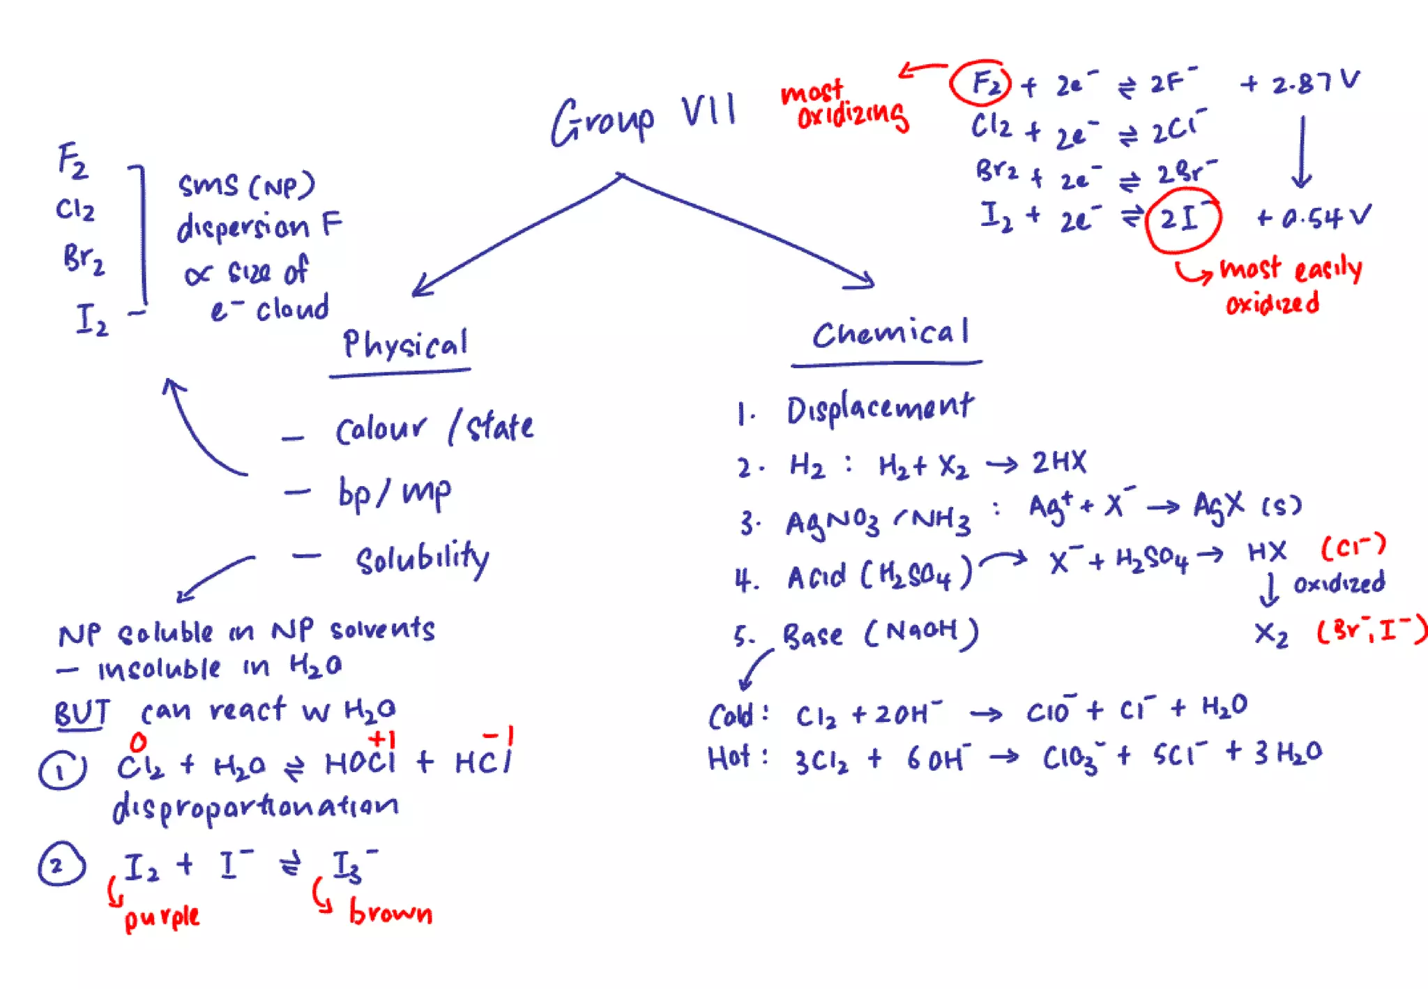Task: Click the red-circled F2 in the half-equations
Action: (x=980, y=83)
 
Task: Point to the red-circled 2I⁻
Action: (x=1183, y=219)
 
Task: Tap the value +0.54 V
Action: (x=1314, y=218)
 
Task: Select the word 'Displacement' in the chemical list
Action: (x=880, y=409)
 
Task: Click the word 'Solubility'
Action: (x=423, y=559)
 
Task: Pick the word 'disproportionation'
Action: (x=255, y=808)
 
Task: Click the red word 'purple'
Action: (x=162, y=918)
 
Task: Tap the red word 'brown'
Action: (x=390, y=912)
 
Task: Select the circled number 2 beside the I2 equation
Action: (x=61, y=865)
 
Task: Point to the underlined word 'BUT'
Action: (x=82, y=713)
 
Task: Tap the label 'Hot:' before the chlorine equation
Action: (x=736, y=757)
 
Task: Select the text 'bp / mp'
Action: (x=394, y=493)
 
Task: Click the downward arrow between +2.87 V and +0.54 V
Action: (x=1301, y=151)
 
